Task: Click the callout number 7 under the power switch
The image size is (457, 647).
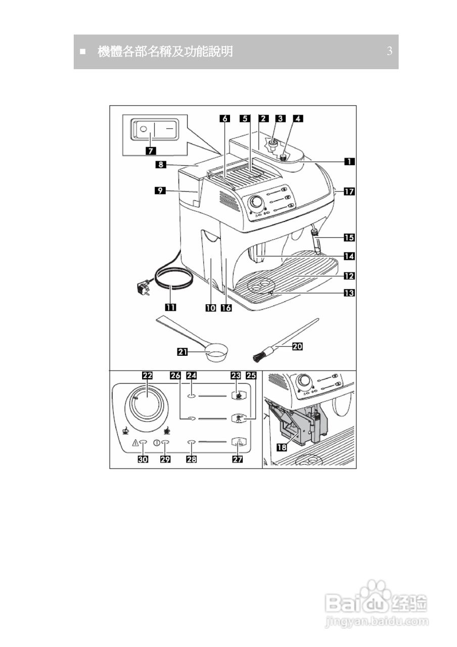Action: click(151, 151)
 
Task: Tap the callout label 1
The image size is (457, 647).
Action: click(349, 161)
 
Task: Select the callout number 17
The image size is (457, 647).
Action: click(349, 191)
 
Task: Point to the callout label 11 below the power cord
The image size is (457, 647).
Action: click(170, 307)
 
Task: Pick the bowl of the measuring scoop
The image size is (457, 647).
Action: click(216, 352)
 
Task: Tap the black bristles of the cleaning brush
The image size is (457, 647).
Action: click(258, 357)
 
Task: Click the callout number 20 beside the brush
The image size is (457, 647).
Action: click(298, 346)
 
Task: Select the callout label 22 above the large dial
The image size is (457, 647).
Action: click(147, 376)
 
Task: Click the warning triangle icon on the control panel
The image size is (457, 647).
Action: click(135, 442)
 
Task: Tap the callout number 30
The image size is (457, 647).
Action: click(143, 459)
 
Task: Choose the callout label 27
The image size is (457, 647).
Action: click(238, 459)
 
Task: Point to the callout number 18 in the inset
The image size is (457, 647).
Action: click(282, 447)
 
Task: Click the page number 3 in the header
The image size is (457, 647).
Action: click(390, 51)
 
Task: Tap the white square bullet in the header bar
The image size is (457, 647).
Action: click(83, 52)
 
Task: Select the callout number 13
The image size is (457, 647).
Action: click(349, 293)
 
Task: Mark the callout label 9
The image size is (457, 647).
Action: click(160, 191)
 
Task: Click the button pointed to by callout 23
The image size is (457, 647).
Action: click(239, 395)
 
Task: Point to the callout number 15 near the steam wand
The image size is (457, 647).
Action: click(349, 238)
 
